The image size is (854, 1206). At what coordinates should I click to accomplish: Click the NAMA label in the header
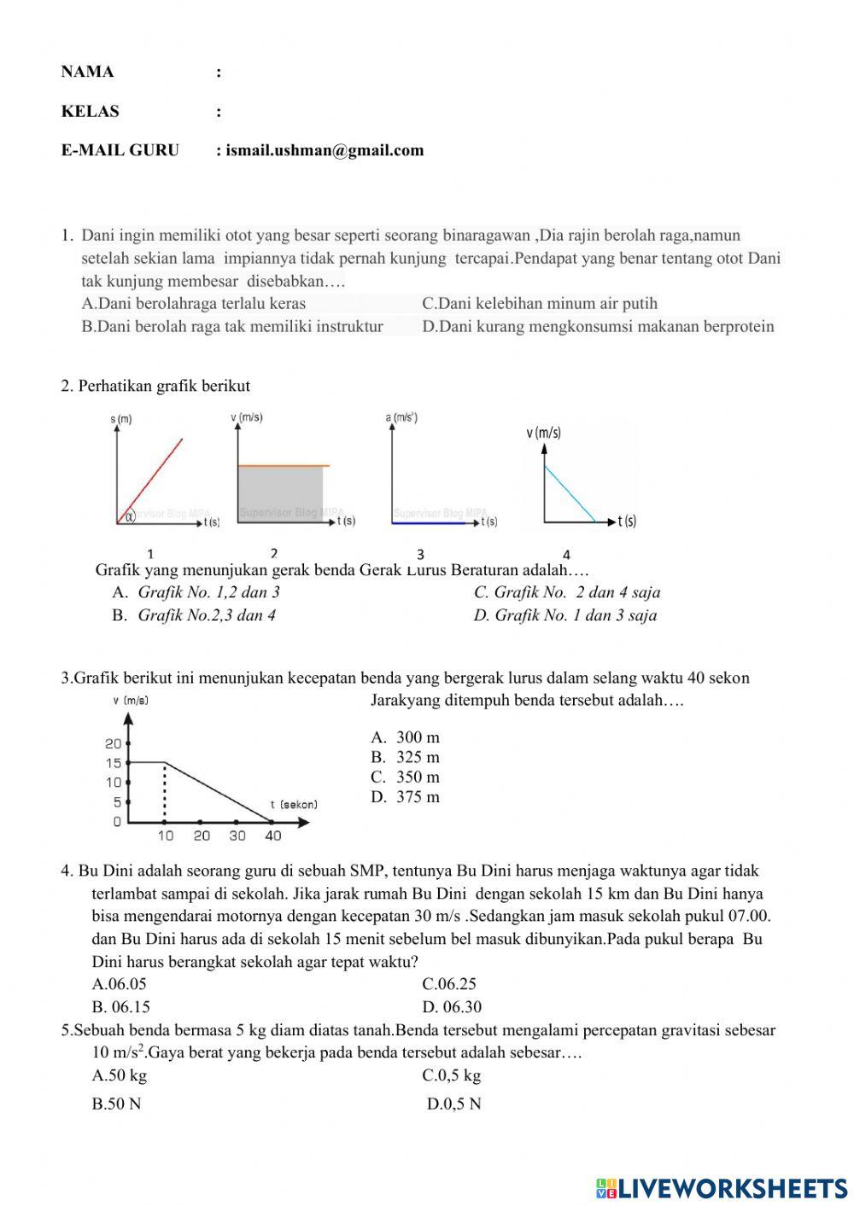coord(87,72)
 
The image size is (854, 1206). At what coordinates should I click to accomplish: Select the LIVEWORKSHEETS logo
coord(722,1187)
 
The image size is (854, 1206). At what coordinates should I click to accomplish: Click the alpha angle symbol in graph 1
coord(130,516)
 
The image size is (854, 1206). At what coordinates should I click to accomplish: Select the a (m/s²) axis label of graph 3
coord(401,417)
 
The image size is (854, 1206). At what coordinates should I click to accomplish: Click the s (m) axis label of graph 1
coord(120,419)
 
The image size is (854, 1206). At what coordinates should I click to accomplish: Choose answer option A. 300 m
coord(407,737)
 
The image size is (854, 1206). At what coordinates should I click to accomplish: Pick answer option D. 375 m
coord(407,797)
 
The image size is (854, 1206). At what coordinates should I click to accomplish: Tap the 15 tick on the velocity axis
coord(114,763)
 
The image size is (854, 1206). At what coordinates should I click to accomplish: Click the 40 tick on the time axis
coord(272,836)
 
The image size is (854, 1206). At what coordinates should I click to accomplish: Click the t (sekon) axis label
coord(294,805)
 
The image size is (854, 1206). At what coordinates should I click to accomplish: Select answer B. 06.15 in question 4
coord(121,1006)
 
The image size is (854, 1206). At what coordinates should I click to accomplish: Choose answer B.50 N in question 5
coord(117,1104)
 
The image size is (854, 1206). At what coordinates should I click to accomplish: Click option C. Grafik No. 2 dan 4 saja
coord(567,592)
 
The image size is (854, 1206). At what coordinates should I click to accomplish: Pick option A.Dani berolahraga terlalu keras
coord(194,303)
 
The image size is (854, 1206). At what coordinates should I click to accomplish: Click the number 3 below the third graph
coord(420,554)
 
